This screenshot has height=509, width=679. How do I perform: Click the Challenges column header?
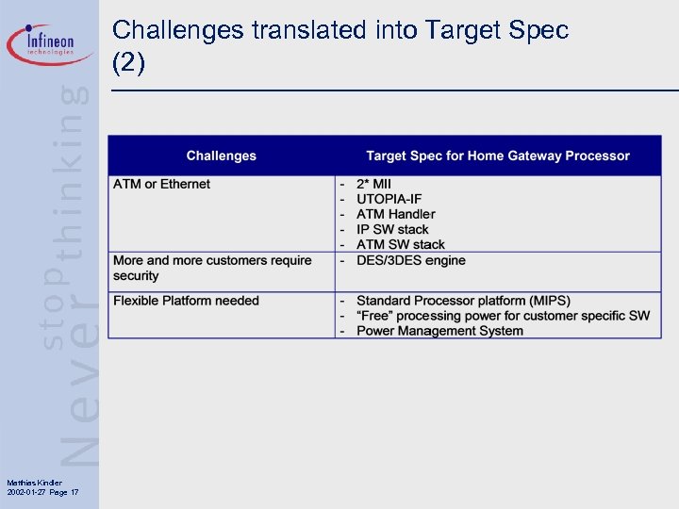(x=221, y=156)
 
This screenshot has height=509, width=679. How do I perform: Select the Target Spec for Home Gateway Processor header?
(x=498, y=156)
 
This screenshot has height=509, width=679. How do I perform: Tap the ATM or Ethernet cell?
(x=161, y=184)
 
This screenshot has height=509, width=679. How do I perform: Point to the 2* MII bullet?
(x=373, y=184)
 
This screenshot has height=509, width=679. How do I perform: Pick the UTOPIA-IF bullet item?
(x=389, y=199)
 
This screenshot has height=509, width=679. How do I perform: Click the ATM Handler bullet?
(x=395, y=214)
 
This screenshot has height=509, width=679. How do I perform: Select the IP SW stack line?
(x=392, y=229)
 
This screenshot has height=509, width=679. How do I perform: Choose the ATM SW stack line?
(x=400, y=244)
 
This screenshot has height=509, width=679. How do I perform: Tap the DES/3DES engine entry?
(x=410, y=260)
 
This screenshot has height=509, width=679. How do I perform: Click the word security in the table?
(x=136, y=276)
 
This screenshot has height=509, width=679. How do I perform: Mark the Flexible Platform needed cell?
(x=186, y=301)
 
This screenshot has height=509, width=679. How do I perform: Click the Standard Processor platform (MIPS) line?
(x=463, y=301)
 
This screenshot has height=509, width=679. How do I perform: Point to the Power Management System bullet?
(x=439, y=331)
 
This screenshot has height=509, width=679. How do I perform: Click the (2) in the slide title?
(x=128, y=62)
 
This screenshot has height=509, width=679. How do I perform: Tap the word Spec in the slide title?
(x=538, y=30)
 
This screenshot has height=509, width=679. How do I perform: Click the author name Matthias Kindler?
(x=33, y=483)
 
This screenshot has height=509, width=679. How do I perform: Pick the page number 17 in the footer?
(x=75, y=493)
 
